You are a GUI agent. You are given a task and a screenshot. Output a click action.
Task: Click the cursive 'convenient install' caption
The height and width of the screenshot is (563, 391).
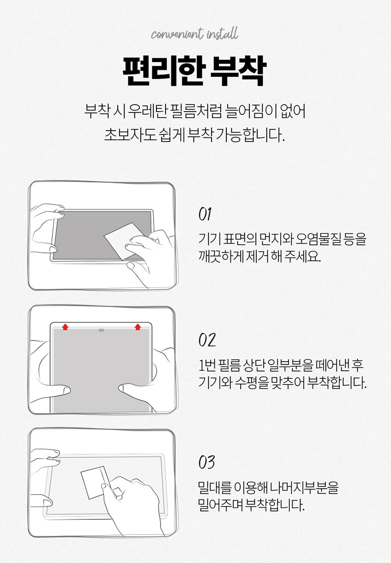(194, 34)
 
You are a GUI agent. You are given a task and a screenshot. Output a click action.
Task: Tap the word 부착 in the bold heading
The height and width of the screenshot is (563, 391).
(238, 71)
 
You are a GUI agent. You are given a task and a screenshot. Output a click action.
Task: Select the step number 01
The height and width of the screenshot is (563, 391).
(205, 214)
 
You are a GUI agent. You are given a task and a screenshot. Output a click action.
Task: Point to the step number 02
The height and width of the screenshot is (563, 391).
(207, 340)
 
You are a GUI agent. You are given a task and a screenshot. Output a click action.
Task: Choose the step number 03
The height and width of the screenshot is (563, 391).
(207, 462)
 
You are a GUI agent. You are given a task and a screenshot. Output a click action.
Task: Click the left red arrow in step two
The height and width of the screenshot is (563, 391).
(65, 327)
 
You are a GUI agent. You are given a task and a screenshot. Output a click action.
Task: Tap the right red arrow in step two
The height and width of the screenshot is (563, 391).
(138, 327)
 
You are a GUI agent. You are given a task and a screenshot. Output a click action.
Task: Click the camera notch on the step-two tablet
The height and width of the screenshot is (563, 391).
(101, 330)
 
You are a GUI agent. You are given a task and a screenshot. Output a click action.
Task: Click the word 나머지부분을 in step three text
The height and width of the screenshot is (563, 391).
(305, 487)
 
